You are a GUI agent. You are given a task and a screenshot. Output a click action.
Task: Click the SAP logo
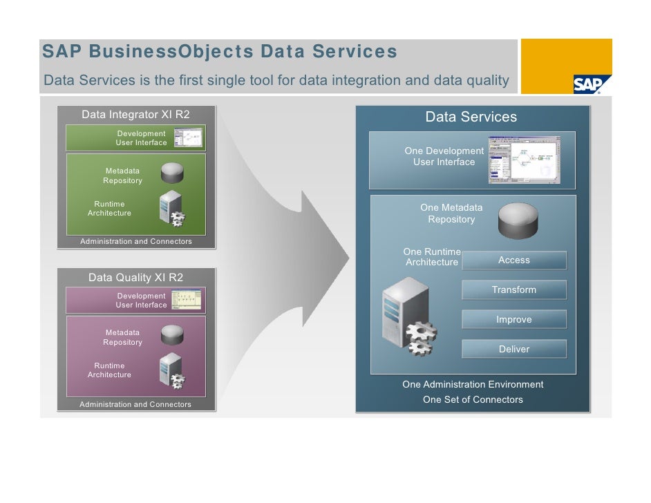click(x=587, y=84)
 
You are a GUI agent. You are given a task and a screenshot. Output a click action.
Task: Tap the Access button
click(x=514, y=260)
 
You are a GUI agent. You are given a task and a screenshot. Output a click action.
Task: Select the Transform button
click(x=514, y=290)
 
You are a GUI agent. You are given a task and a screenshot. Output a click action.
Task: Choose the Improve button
click(x=514, y=320)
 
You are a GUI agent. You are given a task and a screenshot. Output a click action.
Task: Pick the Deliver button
click(x=514, y=350)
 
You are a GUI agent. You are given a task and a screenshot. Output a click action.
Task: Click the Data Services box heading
click(x=471, y=117)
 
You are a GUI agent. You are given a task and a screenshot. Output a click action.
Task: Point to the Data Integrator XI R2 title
click(x=135, y=115)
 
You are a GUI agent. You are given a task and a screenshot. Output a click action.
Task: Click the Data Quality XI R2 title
click(x=135, y=278)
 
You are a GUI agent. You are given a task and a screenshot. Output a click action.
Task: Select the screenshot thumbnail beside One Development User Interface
click(x=524, y=160)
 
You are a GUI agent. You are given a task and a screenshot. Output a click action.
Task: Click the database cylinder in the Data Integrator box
click(x=171, y=173)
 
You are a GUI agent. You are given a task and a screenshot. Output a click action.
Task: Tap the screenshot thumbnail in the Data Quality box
click(x=187, y=300)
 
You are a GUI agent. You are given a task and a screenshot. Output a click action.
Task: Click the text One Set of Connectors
click(x=473, y=400)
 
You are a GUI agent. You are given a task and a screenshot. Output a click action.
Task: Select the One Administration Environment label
click(x=473, y=385)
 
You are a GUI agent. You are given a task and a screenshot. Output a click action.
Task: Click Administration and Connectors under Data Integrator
click(x=135, y=242)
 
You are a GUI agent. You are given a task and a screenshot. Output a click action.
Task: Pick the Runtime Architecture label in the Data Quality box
click(x=109, y=370)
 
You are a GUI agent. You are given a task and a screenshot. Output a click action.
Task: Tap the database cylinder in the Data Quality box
click(x=171, y=335)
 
